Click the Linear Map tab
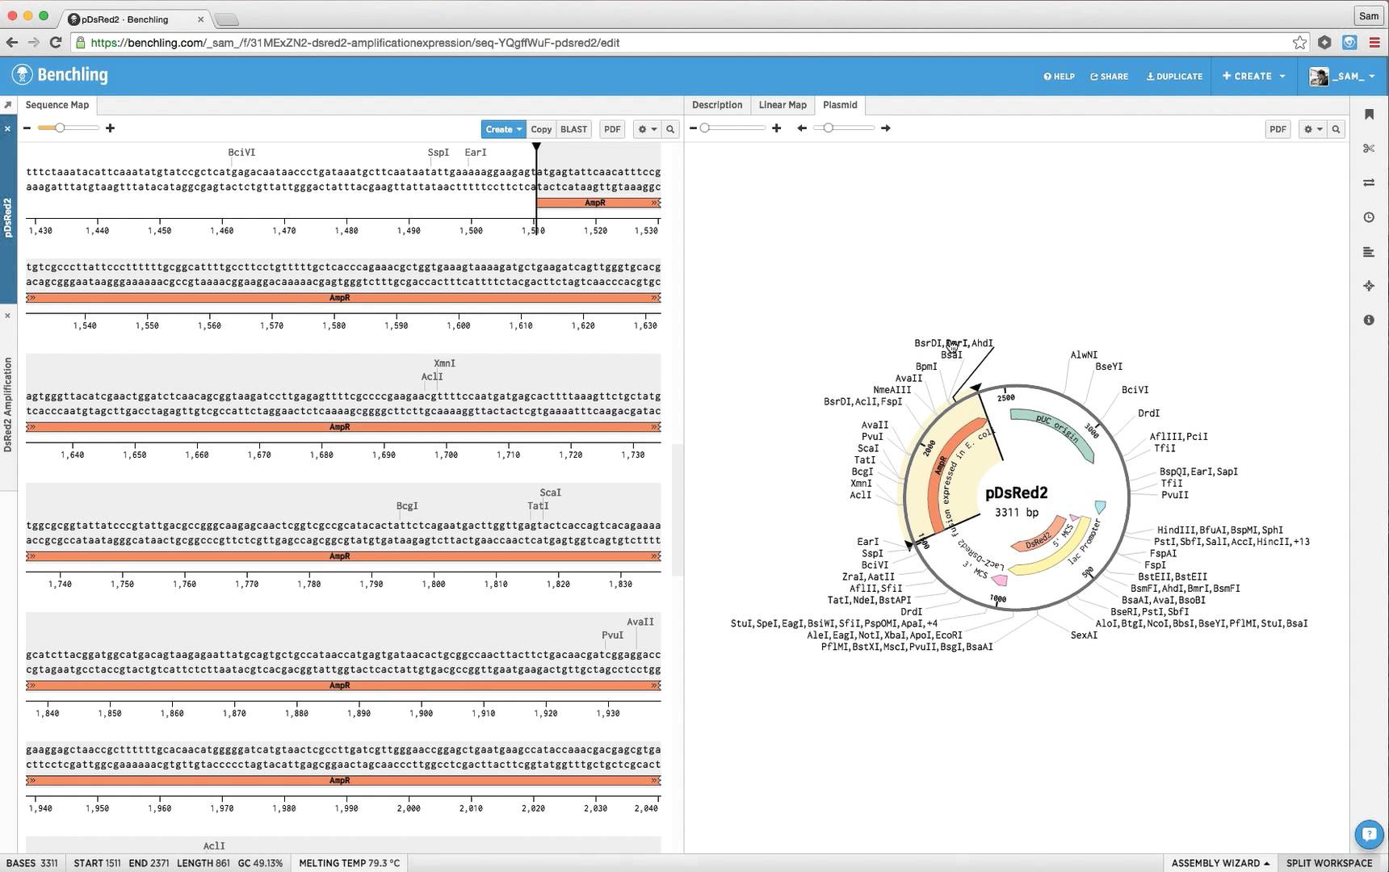click(x=782, y=105)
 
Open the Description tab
click(x=716, y=105)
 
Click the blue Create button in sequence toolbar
click(x=502, y=129)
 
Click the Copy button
click(x=541, y=129)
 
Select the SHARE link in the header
click(x=1109, y=77)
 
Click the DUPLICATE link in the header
click(x=1174, y=77)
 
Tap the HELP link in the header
click(x=1059, y=77)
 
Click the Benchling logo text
click(x=72, y=75)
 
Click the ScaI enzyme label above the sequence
click(x=550, y=493)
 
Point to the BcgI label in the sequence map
click(x=407, y=506)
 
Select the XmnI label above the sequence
click(x=444, y=363)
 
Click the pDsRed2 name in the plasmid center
click(x=1016, y=493)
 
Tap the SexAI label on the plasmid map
click(x=1084, y=635)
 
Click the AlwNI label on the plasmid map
click(x=1084, y=354)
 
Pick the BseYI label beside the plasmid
click(x=1109, y=367)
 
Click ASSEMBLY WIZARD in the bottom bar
click(x=1219, y=863)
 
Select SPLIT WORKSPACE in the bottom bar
click(x=1328, y=863)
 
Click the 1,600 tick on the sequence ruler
click(x=458, y=325)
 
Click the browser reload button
click(x=56, y=43)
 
